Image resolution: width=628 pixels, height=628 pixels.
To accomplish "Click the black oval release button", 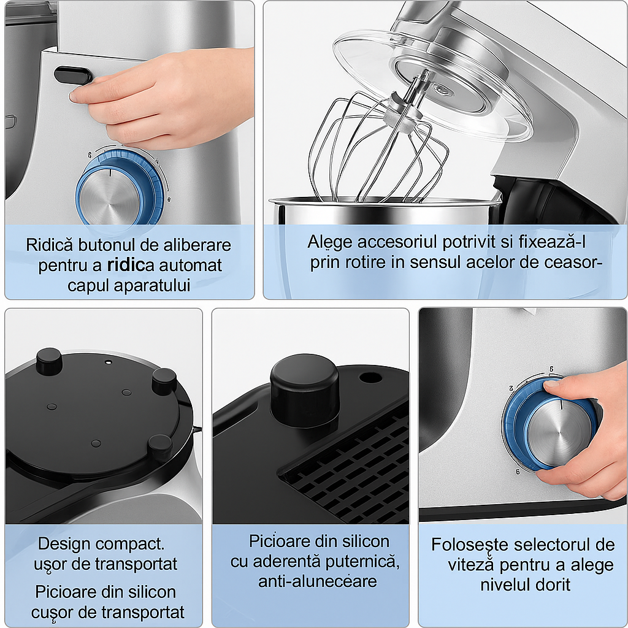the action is click(72, 75).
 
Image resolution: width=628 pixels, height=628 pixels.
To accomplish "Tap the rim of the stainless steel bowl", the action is click(385, 202).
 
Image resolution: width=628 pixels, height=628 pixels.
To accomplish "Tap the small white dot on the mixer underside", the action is click(108, 362).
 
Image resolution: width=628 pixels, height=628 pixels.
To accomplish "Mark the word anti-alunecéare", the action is click(318, 581).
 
